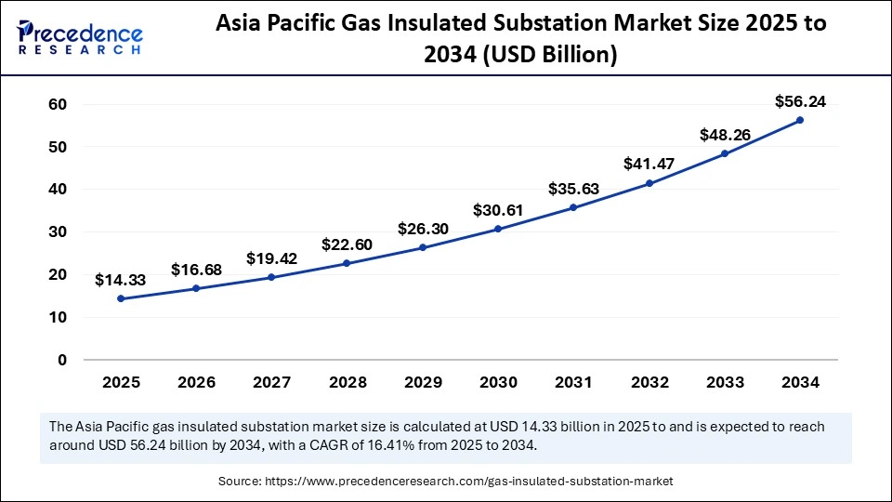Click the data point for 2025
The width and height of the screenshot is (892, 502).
121,298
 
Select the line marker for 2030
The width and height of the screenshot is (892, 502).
497,229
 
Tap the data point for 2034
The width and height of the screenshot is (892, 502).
799,120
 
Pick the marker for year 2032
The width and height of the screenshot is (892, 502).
649,183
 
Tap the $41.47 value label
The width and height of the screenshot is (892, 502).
649,165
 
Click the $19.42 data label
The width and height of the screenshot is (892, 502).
271,258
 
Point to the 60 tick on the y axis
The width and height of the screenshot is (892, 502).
57,104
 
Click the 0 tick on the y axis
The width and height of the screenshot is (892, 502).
61,360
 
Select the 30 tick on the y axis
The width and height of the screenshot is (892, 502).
57,231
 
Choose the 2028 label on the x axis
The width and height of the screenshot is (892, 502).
347,382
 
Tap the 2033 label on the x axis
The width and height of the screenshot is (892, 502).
724,382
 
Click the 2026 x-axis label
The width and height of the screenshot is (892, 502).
196,382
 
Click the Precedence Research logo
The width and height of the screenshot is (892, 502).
79,37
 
